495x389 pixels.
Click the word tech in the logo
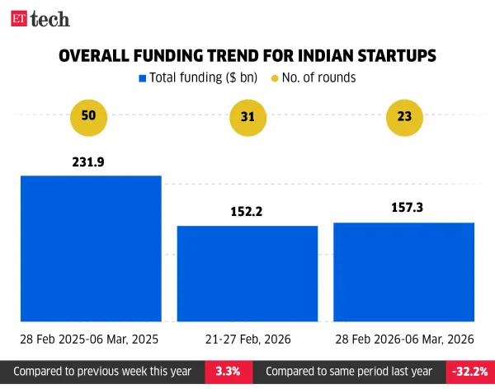pos(49,18)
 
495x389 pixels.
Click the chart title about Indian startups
pos(247,56)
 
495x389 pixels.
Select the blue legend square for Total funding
pos(143,78)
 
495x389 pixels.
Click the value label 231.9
pos(90,162)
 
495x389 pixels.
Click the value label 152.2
pos(247,212)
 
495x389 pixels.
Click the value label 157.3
pos(403,209)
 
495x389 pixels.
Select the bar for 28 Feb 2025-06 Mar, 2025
pos(90,248)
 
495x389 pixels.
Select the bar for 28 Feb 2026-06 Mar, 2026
pos(403,272)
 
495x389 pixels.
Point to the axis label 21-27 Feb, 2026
pos(247,339)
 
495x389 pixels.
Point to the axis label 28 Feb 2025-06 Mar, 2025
pos(90,339)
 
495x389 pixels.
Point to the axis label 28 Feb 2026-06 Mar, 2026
pos(403,339)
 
